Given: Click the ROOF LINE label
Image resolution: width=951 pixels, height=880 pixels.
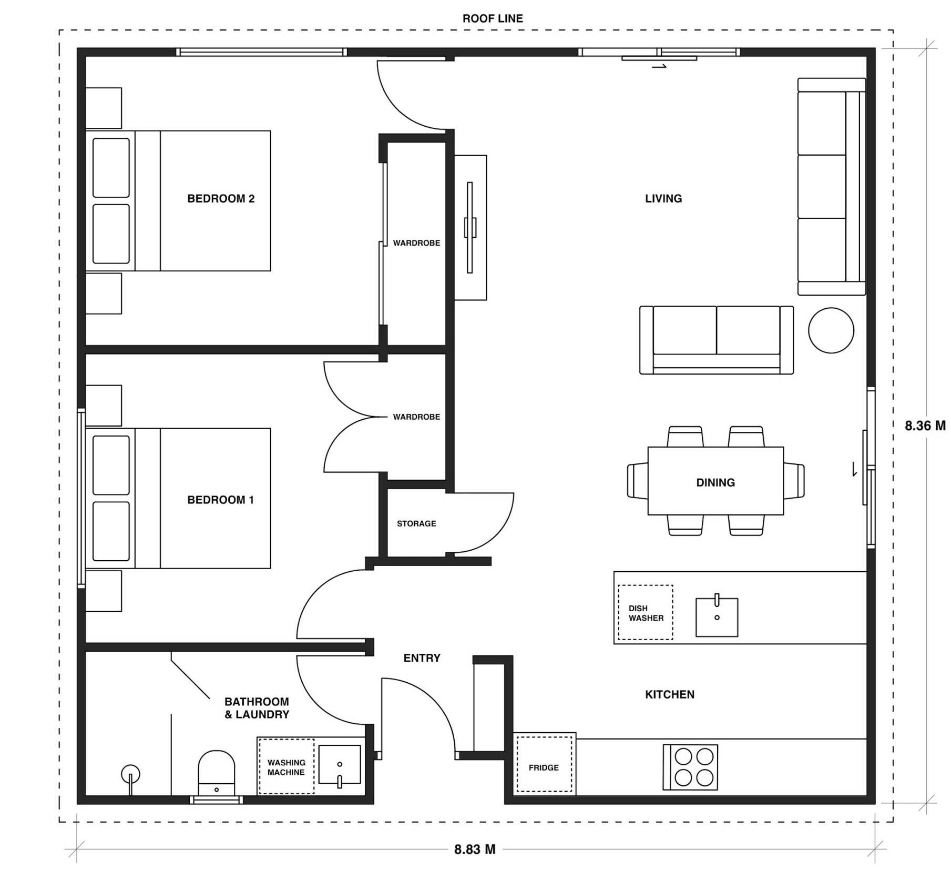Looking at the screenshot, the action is coord(493,18).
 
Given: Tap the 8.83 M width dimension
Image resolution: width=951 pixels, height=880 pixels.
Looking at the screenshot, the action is coord(475,849).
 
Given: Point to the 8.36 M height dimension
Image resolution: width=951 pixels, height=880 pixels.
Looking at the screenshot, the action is coord(925,426).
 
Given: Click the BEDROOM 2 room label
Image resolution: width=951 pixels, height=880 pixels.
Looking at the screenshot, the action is coord(221,198).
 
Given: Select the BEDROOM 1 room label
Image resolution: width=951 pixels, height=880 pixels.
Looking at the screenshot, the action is coord(221,500).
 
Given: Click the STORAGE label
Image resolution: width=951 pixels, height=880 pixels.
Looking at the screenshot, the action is coord(416,523).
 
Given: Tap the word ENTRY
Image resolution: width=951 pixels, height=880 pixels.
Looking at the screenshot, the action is coord(422,658).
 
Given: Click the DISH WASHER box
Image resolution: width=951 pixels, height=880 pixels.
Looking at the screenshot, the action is coord(645,612).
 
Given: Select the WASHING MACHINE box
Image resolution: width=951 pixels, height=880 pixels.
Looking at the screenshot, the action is coord(286,766).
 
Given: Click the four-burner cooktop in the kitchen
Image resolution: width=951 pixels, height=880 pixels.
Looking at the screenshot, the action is coord(690,767).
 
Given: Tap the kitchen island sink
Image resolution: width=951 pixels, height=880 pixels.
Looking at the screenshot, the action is coord(717,616).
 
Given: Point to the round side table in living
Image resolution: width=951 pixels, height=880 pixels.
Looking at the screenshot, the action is coord(831,330).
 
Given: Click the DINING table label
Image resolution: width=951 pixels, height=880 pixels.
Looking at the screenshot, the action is coord(715,482).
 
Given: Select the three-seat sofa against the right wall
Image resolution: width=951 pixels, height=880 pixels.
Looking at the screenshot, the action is coord(831,187).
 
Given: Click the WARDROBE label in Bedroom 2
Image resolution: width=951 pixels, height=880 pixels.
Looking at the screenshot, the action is coord(416,243).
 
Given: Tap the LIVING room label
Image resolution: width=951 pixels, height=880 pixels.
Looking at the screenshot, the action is coord(663,198).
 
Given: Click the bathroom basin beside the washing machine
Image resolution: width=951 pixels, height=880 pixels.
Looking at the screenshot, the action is coord(340,765).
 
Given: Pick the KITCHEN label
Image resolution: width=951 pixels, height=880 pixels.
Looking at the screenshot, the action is coord(670,694).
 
